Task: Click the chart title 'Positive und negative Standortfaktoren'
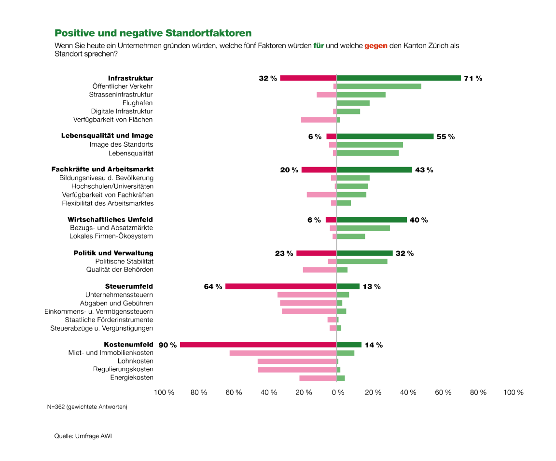click(153, 33)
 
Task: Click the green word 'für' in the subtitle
click(318, 46)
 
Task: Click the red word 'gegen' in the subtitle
click(375, 46)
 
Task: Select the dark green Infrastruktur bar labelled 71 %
click(399, 78)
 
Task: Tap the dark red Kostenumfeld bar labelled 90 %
click(258, 345)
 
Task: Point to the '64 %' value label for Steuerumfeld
click(213, 287)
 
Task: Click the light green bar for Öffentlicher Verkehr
click(379, 86)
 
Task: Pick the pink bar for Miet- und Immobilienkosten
click(283, 353)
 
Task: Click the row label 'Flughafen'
click(138, 103)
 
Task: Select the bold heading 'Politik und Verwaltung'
click(113, 253)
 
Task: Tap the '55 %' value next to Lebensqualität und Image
click(445, 137)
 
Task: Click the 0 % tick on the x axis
click(337, 392)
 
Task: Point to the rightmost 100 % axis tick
click(513, 392)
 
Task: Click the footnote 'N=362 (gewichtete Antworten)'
click(87, 407)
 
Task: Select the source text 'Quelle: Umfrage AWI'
click(83, 436)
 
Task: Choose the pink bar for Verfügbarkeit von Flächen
click(319, 120)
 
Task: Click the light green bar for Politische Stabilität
click(362, 261)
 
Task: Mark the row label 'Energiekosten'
click(132, 377)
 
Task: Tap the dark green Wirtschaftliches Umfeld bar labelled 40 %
click(372, 220)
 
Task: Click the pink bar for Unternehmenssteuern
click(306, 294)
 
